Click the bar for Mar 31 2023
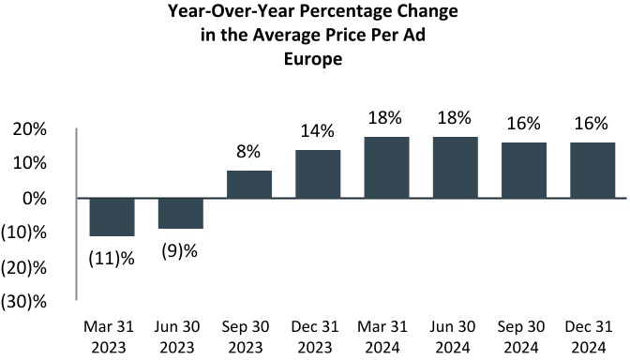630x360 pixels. click(x=112, y=217)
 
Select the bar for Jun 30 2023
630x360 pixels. click(x=180, y=213)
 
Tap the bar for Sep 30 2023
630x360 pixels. click(x=249, y=184)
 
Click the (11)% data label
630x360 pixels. click(x=112, y=257)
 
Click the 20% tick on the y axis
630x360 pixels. click(x=31, y=129)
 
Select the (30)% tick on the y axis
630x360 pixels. click(x=25, y=300)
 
